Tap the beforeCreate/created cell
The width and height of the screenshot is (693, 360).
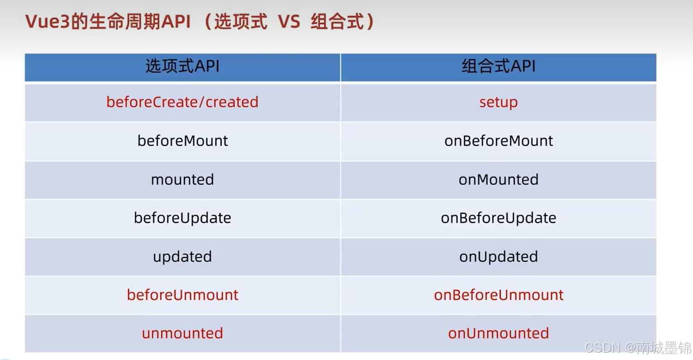182,102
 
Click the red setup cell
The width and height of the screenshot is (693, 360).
499,102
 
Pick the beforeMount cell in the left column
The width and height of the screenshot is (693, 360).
182,141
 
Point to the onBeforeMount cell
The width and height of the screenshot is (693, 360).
499,141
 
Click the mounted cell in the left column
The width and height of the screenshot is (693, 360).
182,180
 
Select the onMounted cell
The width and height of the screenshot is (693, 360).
499,180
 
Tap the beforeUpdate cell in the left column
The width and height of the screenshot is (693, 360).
182,218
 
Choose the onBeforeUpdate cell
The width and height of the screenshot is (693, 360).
499,218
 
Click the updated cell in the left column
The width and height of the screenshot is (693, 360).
182,257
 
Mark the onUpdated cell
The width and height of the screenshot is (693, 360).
499,257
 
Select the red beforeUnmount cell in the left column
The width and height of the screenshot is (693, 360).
182,295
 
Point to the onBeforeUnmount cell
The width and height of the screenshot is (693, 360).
499,295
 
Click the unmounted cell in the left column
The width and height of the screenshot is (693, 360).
182,333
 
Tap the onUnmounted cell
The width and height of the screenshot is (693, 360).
499,333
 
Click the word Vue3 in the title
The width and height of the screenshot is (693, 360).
48,22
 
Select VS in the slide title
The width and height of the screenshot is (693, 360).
289,22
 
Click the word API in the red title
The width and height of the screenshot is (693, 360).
176,22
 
